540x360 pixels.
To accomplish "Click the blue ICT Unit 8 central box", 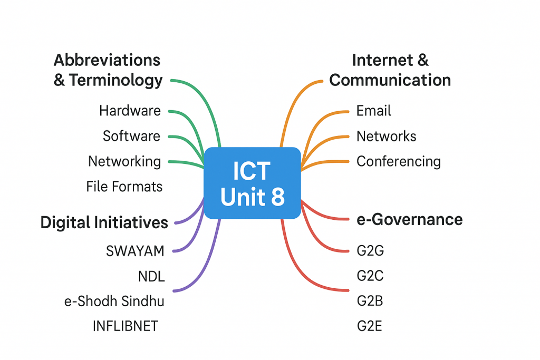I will point(252,183).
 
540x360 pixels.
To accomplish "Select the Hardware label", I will point(130,111).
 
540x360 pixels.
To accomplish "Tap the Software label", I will point(131,136).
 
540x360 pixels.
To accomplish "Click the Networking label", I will point(124,161).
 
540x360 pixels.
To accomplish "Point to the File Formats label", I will point(124,187).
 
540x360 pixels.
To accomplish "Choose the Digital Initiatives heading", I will point(104,222).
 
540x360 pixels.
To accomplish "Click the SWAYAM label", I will point(135,251).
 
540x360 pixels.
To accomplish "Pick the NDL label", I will point(151,276).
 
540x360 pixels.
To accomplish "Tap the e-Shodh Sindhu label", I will point(114,301).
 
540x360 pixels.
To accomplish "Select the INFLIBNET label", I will point(125,326).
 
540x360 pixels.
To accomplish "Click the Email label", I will point(374,111).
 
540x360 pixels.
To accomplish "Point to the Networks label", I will point(387,137).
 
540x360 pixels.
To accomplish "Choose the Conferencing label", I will point(399,161).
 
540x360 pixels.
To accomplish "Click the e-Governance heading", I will point(410,219).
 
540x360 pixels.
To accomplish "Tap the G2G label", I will point(370,250).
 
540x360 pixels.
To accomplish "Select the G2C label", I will point(370,276).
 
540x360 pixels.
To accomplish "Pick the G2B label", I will point(370,301).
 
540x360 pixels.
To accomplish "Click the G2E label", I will point(370,326).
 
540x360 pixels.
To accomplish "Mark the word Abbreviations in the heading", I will point(107,60).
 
